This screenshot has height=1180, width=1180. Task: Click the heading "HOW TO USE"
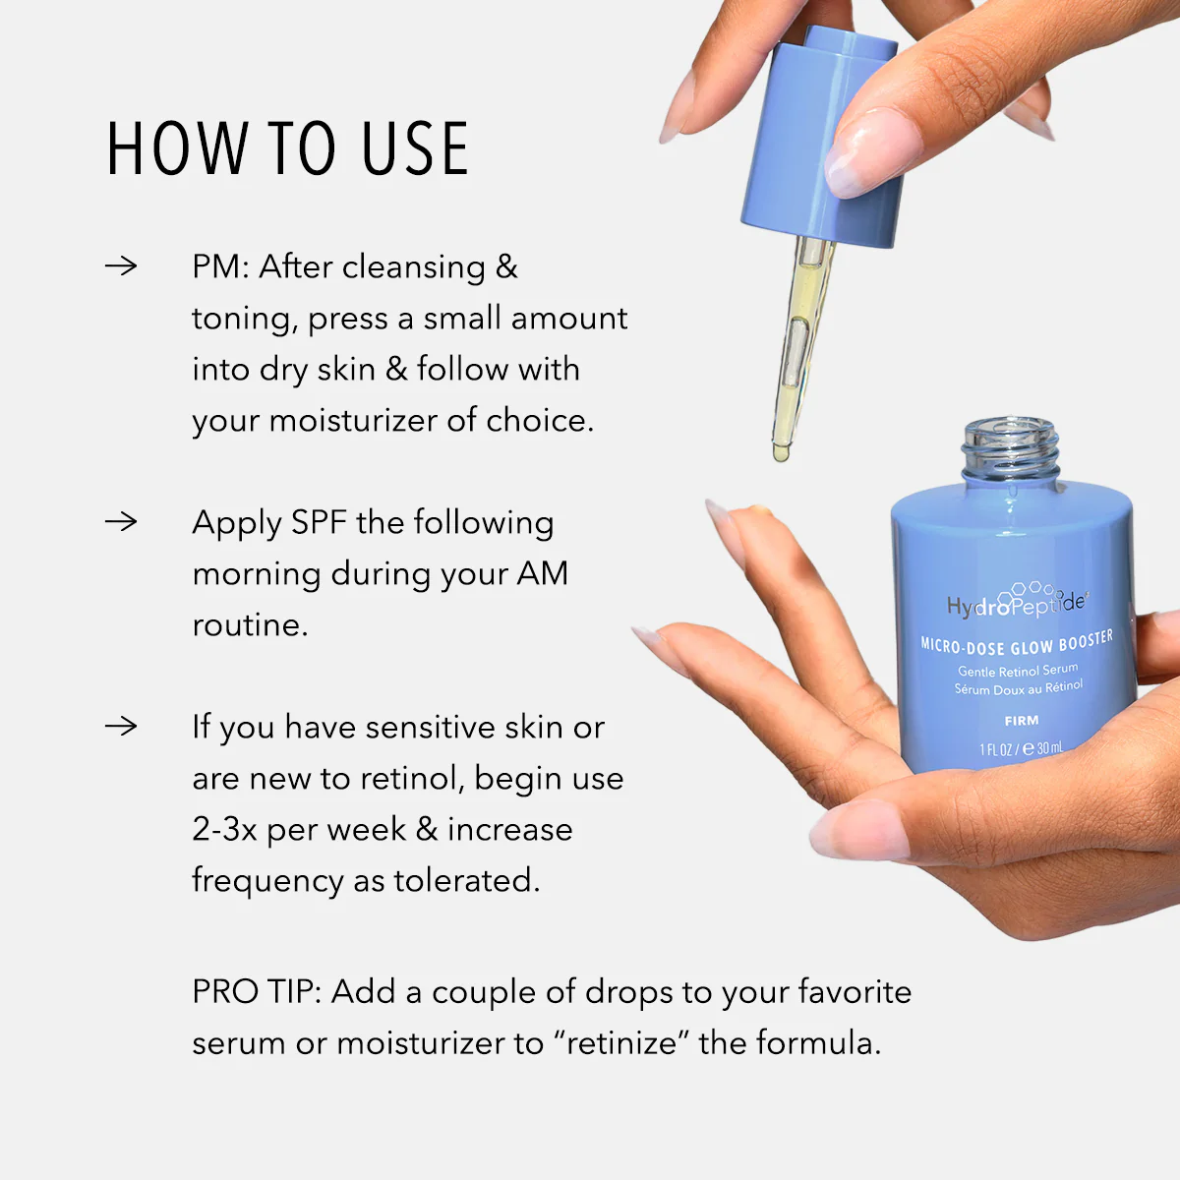click(287, 149)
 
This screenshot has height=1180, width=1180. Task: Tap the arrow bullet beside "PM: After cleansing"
click(121, 265)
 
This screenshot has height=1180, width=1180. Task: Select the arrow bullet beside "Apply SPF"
click(121, 521)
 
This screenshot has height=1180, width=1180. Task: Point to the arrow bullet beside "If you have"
click(121, 726)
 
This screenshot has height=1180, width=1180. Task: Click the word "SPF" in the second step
click(319, 523)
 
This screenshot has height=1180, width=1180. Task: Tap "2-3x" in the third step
click(224, 830)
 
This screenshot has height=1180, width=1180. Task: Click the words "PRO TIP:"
click(257, 991)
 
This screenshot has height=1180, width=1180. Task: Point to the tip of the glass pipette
click(781, 452)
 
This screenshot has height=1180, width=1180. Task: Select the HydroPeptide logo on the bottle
click(1017, 602)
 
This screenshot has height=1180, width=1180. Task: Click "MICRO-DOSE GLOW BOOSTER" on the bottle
click(1017, 643)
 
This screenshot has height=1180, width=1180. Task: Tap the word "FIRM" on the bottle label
click(1022, 721)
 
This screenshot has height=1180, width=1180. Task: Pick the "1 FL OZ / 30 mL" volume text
click(1021, 749)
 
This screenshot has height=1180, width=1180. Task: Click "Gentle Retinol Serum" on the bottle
click(1018, 671)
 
